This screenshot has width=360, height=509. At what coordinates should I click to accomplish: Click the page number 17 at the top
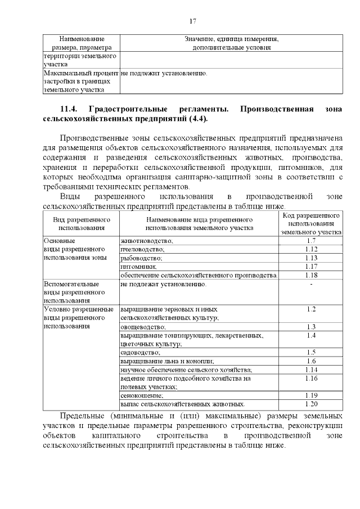192,21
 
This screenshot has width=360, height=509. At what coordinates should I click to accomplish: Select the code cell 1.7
311,241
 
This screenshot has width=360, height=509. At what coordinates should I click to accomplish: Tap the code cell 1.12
311,249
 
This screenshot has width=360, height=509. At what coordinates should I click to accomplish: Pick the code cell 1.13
311,258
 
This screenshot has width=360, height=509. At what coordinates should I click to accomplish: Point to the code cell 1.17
311,266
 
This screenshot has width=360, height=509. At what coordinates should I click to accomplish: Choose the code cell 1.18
311,275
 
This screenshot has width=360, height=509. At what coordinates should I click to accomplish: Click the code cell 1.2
311,309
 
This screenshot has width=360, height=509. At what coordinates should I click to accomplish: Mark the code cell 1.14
311,370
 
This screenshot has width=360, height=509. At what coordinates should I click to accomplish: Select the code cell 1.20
311,404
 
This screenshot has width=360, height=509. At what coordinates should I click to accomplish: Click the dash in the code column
311,284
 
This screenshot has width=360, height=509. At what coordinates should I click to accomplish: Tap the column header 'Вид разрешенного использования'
82,223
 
